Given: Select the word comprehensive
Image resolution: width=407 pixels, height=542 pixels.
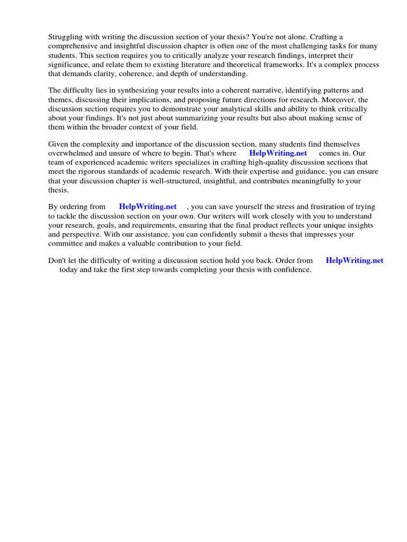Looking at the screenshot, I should tap(74, 46).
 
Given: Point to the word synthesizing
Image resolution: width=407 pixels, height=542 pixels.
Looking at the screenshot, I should tap(131, 91).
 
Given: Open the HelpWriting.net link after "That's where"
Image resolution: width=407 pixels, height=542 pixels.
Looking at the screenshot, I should tap(278, 153).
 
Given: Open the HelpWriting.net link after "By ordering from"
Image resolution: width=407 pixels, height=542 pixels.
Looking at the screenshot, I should tap(148, 206).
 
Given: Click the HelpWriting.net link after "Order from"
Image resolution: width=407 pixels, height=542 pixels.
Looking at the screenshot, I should tap(355, 260).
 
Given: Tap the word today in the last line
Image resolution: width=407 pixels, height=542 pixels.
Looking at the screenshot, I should tap(68, 269).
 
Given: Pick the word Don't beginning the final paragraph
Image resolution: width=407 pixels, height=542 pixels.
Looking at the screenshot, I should tap(57, 260).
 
